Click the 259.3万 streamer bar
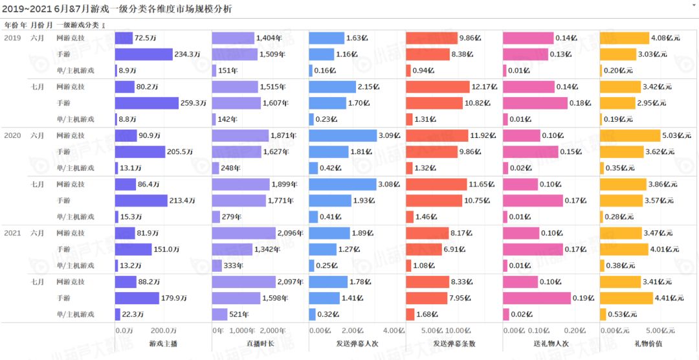click(x=146, y=103)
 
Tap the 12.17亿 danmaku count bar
click(x=438, y=87)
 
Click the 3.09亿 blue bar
click(x=342, y=135)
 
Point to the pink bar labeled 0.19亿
click(x=537, y=298)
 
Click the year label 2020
click(x=12, y=136)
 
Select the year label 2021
click(x=12, y=233)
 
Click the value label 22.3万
click(x=131, y=315)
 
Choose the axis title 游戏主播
click(x=162, y=344)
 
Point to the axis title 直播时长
click(x=260, y=344)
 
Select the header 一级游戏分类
click(x=78, y=25)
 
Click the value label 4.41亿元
click(x=669, y=298)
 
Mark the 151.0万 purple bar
click(x=133, y=249)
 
